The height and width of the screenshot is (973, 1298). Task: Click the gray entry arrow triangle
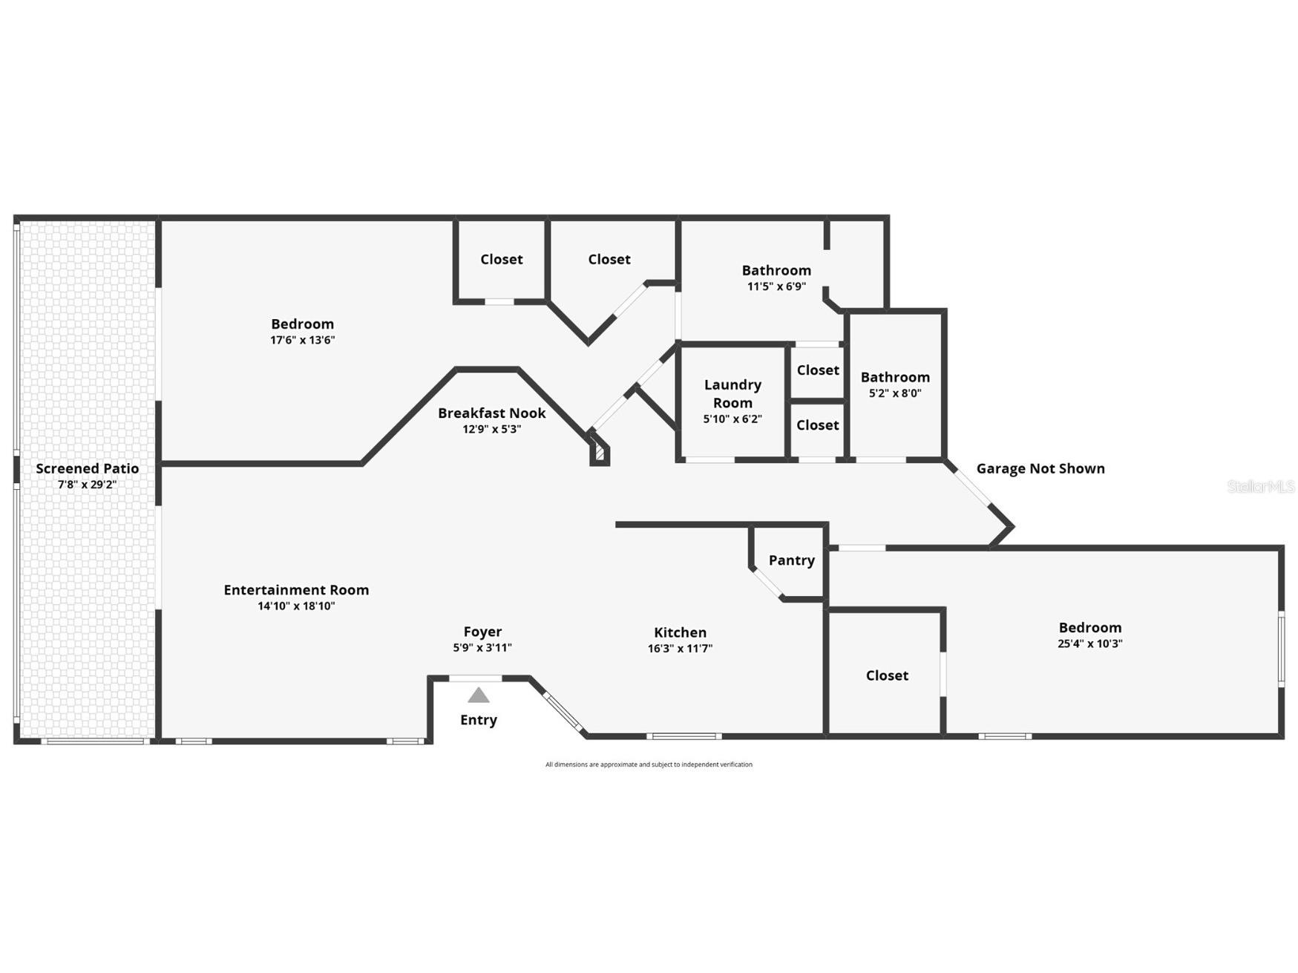pos(479,695)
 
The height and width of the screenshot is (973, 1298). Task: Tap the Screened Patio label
pos(88,468)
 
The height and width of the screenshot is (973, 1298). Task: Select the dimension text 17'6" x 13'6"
pos(302,340)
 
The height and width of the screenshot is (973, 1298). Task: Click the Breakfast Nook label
pos(491,413)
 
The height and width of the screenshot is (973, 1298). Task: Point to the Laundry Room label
pos(732,393)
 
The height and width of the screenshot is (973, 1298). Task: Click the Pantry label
pos(791,560)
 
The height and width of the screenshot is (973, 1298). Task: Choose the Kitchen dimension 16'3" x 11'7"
pos(680,648)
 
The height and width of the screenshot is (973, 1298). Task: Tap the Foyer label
pos(482,632)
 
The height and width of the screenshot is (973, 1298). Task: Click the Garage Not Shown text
pos(1040,468)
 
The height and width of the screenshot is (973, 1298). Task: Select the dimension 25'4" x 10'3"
pos(1089,643)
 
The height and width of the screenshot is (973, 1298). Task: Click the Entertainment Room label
pos(296,590)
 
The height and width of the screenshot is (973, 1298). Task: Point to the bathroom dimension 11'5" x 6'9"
pos(776,286)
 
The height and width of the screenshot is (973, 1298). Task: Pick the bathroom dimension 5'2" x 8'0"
pos(895,393)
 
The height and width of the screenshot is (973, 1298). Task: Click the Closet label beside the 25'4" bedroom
pos(887,675)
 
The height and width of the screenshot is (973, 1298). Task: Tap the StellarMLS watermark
pos(1260,487)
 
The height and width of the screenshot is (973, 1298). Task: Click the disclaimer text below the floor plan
pos(649,764)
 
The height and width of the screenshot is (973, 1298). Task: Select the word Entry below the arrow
pos(479,720)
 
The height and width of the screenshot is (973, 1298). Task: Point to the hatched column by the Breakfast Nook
pos(599,453)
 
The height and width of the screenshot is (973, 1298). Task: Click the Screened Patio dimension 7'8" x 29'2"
pos(88,485)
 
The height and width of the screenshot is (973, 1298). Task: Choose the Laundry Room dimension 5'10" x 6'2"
pos(732,419)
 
